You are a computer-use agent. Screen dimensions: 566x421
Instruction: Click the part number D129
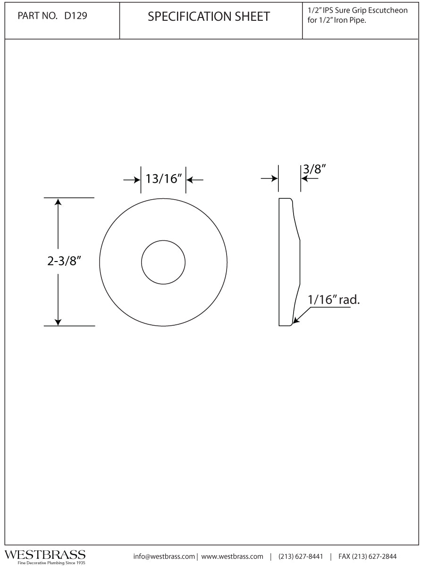tap(76, 16)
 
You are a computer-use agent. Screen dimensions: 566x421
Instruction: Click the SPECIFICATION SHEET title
tap(209, 17)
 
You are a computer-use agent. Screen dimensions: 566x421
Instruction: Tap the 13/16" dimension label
tap(163, 179)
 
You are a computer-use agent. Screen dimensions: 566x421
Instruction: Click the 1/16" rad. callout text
tap(334, 299)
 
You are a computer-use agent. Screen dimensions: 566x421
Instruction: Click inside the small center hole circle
tap(163, 262)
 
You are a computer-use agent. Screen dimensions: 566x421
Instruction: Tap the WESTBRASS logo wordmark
tap(45, 554)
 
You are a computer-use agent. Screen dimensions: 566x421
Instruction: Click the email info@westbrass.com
tap(164, 556)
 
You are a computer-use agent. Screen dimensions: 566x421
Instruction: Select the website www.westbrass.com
tap(232, 556)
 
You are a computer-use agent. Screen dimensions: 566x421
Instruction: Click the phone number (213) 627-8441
tap(301, 556)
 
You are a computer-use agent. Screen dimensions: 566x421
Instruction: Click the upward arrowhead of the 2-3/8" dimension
tap(58, 202)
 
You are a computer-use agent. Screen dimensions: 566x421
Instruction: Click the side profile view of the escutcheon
tap(288, 262)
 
